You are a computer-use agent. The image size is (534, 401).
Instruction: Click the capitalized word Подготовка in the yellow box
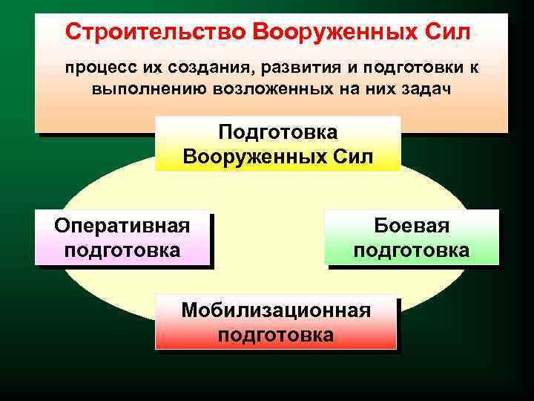277,132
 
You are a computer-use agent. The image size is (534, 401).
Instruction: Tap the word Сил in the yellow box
356,157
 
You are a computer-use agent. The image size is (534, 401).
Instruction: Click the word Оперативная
122,225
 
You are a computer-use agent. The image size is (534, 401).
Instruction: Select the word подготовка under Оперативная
122,250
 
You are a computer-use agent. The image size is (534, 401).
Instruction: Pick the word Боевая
412,225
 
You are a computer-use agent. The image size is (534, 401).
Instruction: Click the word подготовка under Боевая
412,250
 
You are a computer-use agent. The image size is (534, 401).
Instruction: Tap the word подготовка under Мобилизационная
276,335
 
